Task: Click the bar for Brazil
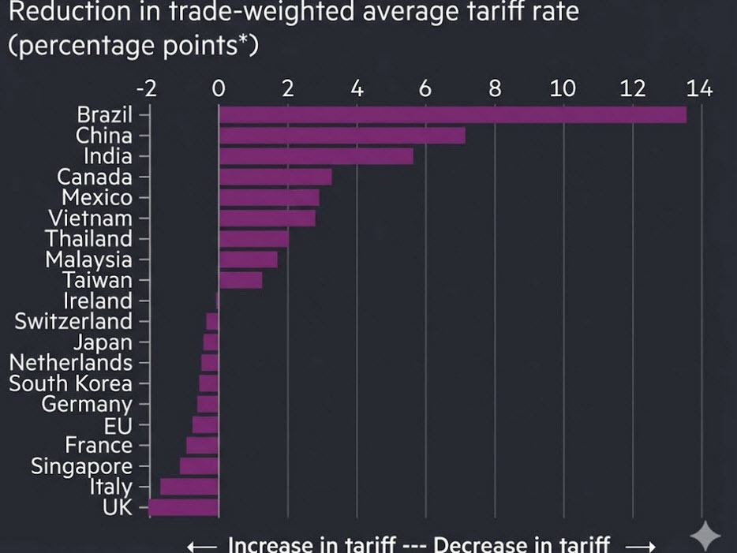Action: click(x=452, y=114)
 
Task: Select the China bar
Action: click(x=342, y=136)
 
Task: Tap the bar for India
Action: click(x=316, y=156)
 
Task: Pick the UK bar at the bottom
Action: click(x=183, y=507)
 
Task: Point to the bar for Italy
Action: click(x=189, y=487)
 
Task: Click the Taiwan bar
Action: click(x=241, y=280)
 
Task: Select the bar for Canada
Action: click(x=275, y=177)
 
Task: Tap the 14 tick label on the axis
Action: click(x=699, y=88)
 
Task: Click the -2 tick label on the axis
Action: click(x=146, y=88)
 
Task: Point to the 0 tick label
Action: click(x=219, y=88)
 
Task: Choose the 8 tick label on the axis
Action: click(x=495, y=88)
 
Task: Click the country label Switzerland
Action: click(x=73, y=321)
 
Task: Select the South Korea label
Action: click(x=70, y=383)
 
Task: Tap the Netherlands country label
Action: click(x=70, y=363)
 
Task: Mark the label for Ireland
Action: click(x=98, y=301)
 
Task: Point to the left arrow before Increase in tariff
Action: click(x=202, y=545)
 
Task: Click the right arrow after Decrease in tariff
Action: click(x=641, y=545)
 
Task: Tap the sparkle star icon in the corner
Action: click(x=705, y=536)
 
